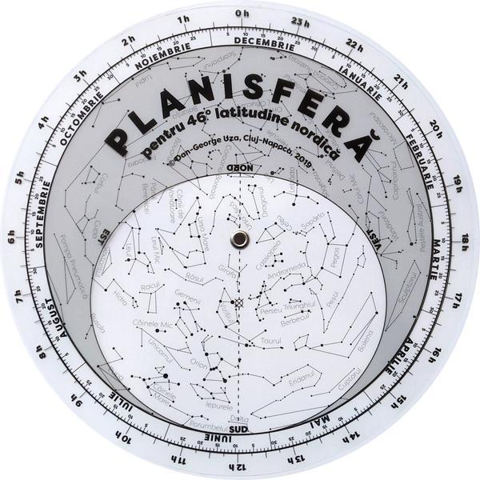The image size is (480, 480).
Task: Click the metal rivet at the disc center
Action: (238, 238)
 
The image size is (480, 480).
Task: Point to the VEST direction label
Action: (373, 232)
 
